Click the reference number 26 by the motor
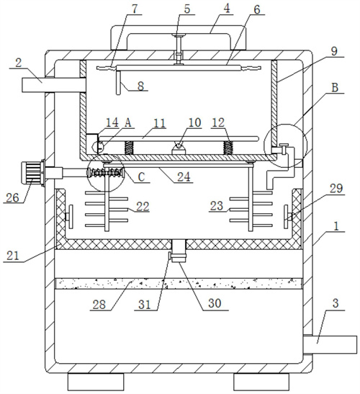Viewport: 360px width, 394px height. pos(12,198)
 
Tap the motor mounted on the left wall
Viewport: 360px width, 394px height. pos(32,174)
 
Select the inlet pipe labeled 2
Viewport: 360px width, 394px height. pos(54,85)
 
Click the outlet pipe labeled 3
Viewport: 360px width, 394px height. pos(330,344)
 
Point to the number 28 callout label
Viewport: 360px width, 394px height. pos(99,305)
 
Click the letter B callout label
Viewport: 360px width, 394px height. pos(334,88)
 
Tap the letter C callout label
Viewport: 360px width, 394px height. pos(141,177)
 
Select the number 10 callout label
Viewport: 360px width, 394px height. pos(195,122)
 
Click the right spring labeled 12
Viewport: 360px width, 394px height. pos(228,148)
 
